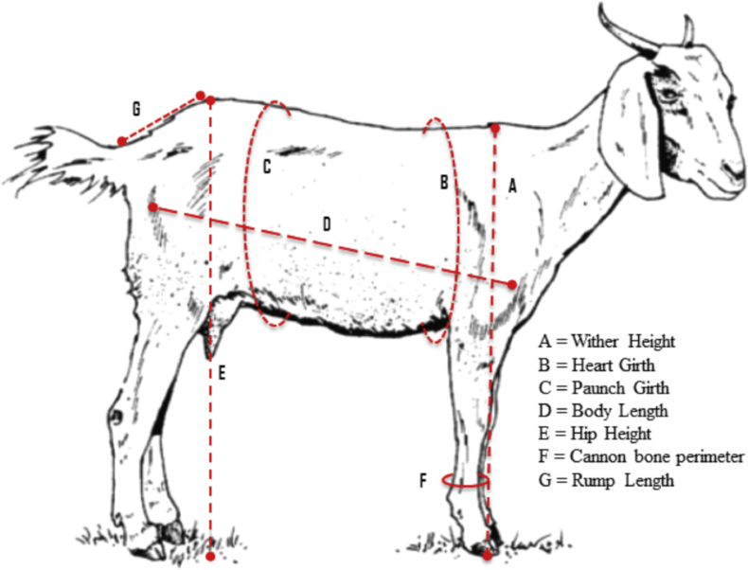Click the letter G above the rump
(136, 110)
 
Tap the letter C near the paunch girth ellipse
(267, 168)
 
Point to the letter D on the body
(327, 224)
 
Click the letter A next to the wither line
(512, 187)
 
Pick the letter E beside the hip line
(222, 373)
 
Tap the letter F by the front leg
(424, 481)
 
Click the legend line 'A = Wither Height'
(607, 341)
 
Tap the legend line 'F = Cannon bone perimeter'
(640, 457)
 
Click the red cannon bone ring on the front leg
(466, 481)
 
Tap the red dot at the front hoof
(488, 553)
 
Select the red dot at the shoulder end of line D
(512, 284)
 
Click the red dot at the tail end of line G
(121, 142)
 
